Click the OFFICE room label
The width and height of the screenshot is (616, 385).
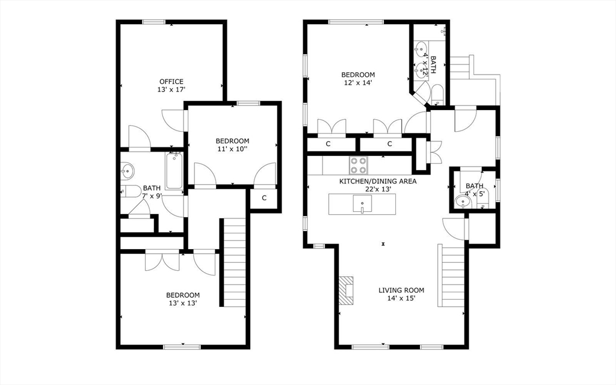[171, 82]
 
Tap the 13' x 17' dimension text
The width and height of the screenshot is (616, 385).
[171, 90]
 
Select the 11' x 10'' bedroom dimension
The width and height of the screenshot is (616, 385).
[232, 149]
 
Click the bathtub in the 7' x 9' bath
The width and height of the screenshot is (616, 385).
[174, 171]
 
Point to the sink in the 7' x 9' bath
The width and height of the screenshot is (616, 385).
[128, 171]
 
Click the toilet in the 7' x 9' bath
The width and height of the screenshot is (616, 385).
[131, 191]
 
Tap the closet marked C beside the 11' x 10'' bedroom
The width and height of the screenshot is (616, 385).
[264, 198]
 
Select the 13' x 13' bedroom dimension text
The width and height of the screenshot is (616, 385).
[182, 303]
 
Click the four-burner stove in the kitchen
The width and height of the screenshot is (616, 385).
[359, 165]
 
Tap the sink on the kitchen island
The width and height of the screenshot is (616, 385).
[362, 205]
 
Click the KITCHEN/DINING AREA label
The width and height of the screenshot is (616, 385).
[378, 182]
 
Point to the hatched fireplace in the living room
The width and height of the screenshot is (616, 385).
[346, 290]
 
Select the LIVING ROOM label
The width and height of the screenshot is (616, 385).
[401, 291]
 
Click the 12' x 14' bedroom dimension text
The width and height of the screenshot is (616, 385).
[358, 83]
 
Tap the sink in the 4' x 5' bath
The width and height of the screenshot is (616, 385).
[463, 202]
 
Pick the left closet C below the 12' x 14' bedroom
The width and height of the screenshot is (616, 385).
[328, 144]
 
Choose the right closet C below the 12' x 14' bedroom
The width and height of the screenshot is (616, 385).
[389, 144]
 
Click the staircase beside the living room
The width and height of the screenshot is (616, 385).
[452, 276]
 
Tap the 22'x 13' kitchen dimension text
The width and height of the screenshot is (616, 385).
[378, 189]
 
